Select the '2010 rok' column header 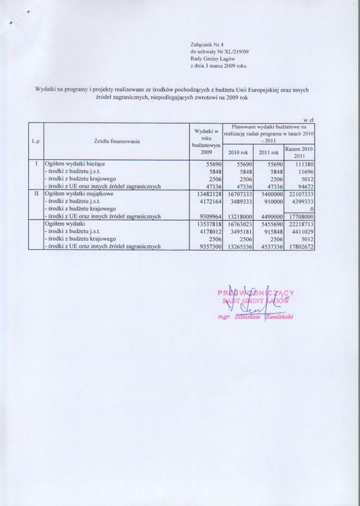click(x=237, y=152)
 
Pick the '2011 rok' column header click(x=269, y=152)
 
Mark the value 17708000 click(x=301, y=216)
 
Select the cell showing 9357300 click(x=207, y=245)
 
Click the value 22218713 click(x=301, y=223)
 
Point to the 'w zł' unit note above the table click(x=308, y=119)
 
